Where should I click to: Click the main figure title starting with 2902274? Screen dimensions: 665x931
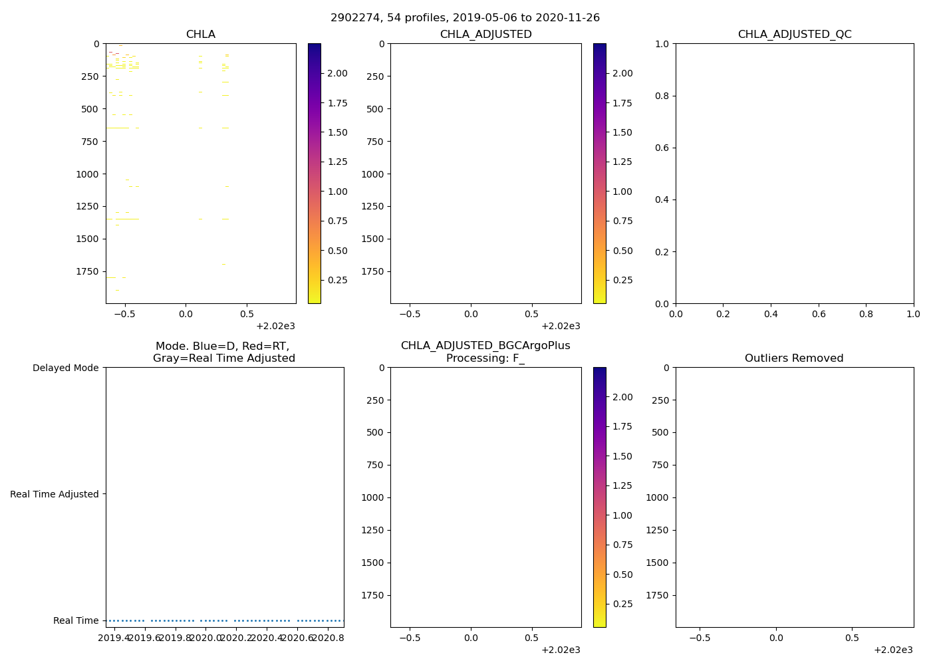(465, 18)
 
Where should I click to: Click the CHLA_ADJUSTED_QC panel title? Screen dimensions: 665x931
(794, 35)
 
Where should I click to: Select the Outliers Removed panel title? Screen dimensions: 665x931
(794, 358)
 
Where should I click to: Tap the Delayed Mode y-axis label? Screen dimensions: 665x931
(65, 368)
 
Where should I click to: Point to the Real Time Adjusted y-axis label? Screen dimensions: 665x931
(55, 494)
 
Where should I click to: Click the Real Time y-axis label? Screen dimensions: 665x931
(76, 620)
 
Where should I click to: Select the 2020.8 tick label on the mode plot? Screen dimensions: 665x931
(328, 638)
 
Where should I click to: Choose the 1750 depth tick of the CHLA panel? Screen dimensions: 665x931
(87, 271)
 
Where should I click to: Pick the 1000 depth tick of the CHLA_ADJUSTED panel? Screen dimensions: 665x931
(372, 174)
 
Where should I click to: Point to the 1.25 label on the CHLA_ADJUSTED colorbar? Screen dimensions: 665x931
(622, 162)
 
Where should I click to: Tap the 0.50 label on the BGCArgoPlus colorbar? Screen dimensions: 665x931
(622, 575)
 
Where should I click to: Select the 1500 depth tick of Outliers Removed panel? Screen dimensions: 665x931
(657, 563)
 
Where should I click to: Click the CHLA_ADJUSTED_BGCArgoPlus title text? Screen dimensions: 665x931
(485, 346)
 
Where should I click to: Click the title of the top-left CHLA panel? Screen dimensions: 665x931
(200, 35)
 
